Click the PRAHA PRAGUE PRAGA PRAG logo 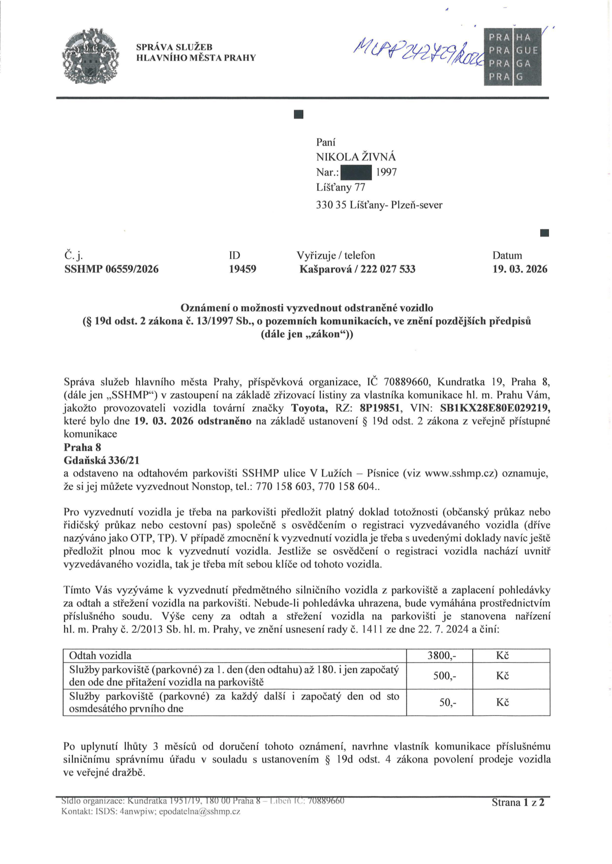tap(512, 57)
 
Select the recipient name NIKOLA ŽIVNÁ tap(356, 157)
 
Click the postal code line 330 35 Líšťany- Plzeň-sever tap(379, 205)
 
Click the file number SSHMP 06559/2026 tap(111, 269)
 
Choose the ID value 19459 tap(242, 269)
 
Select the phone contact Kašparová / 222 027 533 tap(357, 269)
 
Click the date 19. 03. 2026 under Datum tap(520, 269)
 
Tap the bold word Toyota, tap(309, 408)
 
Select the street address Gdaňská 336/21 tap(102, 461)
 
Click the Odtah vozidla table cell tap(100, 656)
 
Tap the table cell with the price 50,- tap(447, 703)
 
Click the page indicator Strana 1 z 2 tap(518, 803)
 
